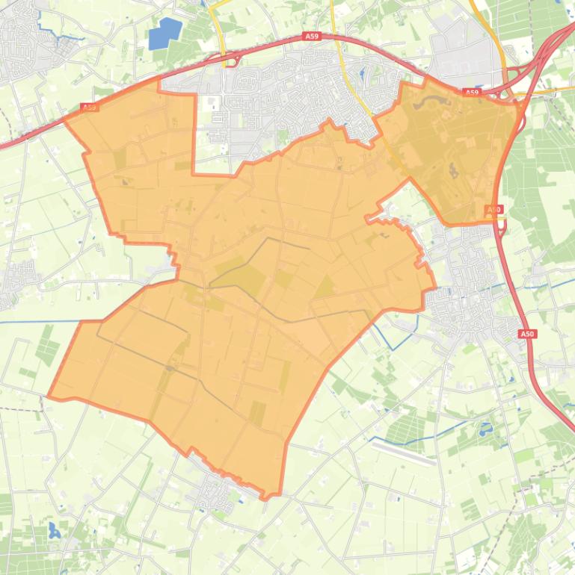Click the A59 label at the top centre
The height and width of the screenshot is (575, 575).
pyautogui.click(x=311, y=36)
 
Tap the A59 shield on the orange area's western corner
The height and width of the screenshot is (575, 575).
pyautogui.click(x=89, y=108)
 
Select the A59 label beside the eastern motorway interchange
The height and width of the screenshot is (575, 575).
pyautogui.click(x=470, y=93)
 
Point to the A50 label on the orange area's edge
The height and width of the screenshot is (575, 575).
pyautogui.click(x=493, y=210)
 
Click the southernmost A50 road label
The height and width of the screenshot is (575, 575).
pyautogui.click(x=529, y=334)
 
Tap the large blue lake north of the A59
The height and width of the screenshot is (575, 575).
pyautogui.click(x=164, y=34)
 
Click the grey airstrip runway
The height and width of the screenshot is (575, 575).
pyautogui.click(x=404, y=450)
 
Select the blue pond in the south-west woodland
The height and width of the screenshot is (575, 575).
pyautogui.click(x=54, y=532)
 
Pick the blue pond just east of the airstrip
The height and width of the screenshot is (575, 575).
pyautogui.click(x=487, y=430)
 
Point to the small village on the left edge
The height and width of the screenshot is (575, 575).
pyautogui.click(x=16, y=280)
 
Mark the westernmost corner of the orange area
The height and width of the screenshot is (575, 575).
pyautogui.click(x=49, y=397)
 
